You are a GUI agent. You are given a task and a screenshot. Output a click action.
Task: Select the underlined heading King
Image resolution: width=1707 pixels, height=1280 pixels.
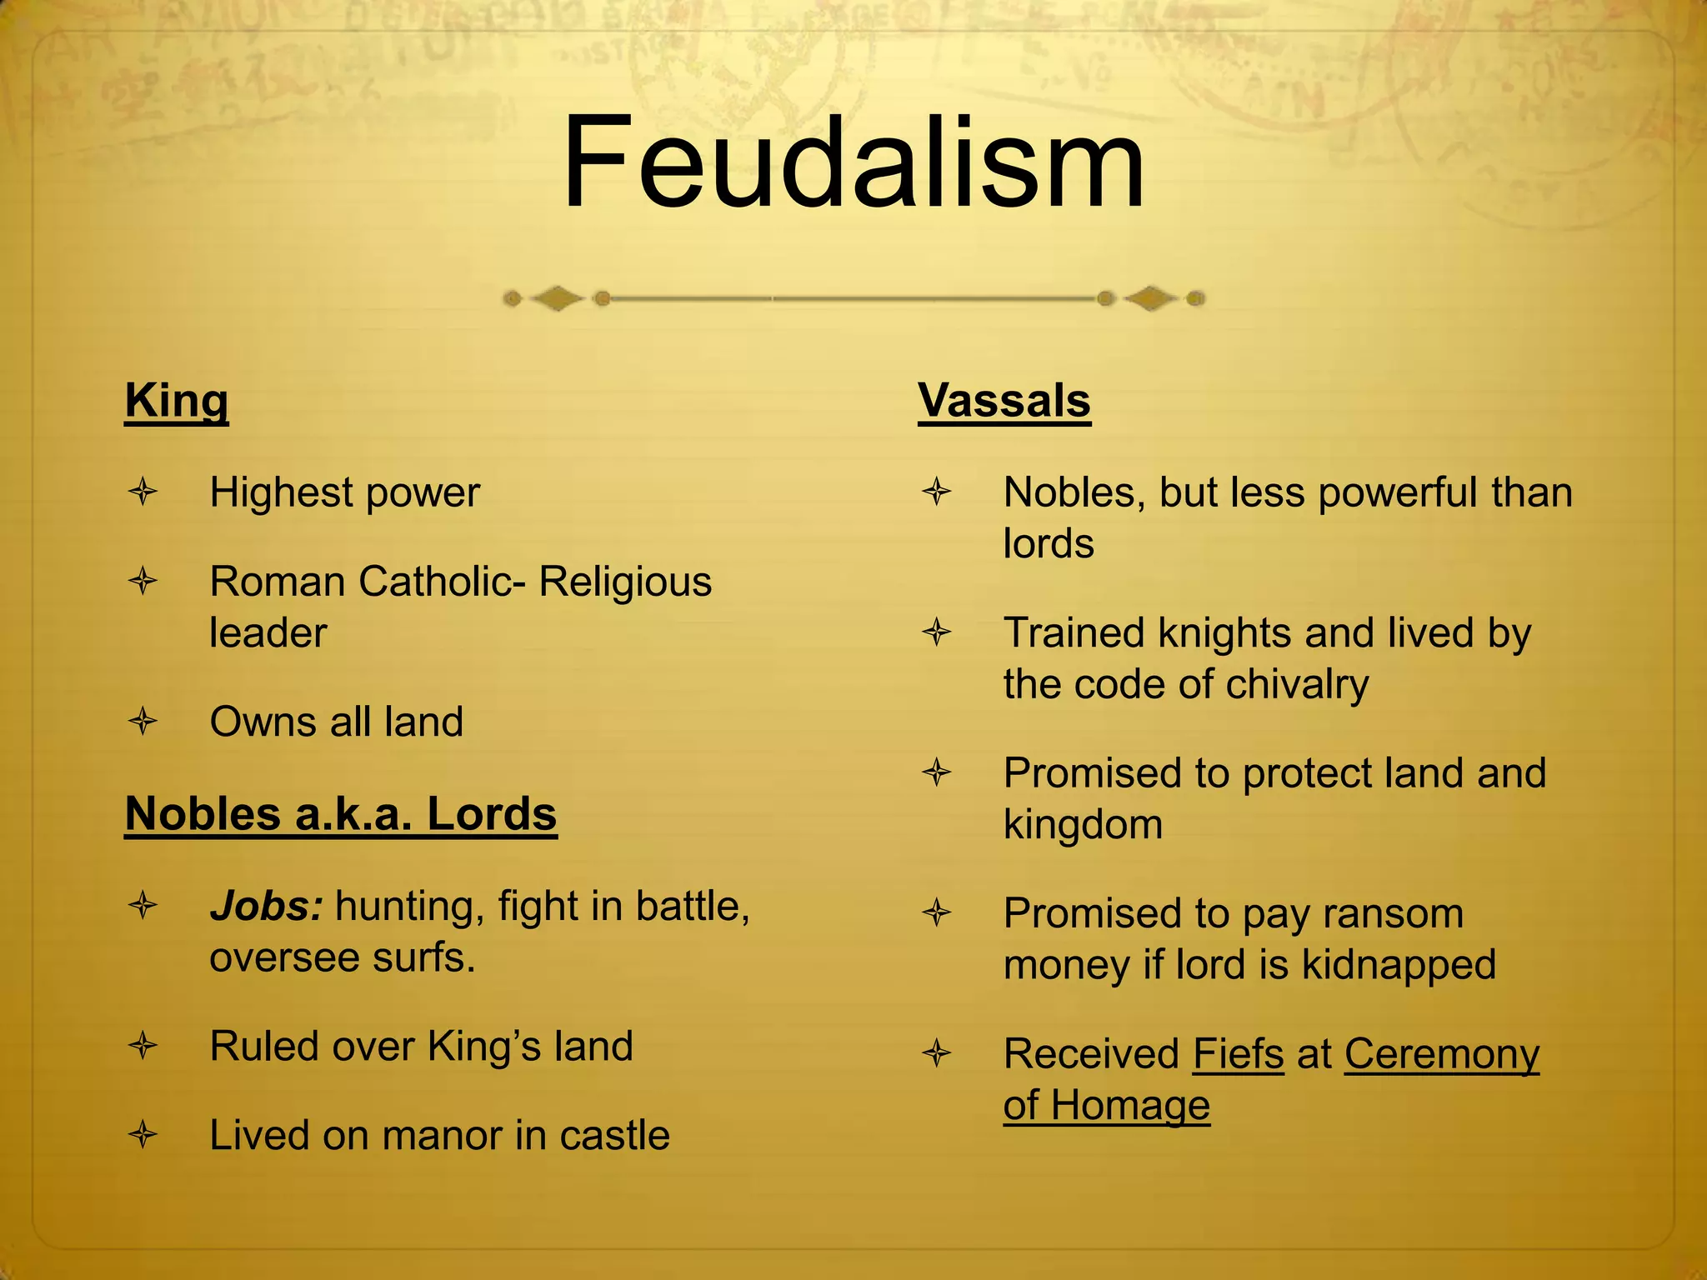176,401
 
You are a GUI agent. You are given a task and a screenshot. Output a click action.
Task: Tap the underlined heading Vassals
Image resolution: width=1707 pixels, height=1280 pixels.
1004,401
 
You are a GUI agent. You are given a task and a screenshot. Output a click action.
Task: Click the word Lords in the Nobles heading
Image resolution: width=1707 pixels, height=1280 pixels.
492,814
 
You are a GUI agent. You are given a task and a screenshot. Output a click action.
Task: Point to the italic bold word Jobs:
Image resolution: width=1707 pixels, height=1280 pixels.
266,906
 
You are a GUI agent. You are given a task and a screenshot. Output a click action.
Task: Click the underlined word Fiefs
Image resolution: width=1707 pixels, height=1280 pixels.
1238,1054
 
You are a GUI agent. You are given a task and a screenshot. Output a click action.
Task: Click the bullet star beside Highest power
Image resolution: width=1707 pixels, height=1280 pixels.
143,492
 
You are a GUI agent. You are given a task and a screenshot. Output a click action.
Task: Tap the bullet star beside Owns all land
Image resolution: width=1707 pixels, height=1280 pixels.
143,721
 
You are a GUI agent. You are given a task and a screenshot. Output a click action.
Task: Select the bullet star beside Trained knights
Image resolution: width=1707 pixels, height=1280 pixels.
937,632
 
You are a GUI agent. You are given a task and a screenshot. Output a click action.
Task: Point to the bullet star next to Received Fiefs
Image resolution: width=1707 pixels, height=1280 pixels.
937,1054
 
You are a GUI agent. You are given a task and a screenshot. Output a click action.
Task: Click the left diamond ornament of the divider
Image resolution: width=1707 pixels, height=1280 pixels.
557,298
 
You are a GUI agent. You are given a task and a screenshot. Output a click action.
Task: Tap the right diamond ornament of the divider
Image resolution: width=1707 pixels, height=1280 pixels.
1150,298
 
